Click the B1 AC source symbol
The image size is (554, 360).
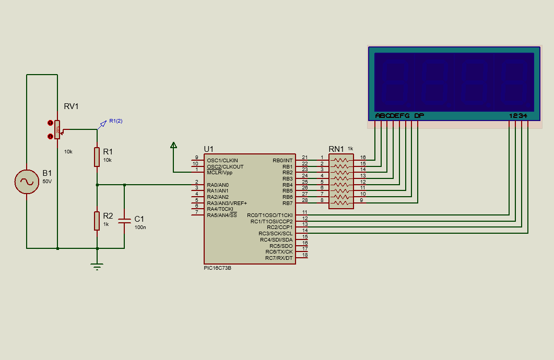tap(27, 182)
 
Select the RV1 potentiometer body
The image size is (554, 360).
tap(57, 129)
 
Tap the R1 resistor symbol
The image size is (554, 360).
tap(97, 157)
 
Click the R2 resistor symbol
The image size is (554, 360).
tap(97, 221)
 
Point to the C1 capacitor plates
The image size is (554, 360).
tap(124, 221)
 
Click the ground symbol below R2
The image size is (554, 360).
tap(97, 267)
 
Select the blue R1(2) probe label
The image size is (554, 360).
tap(116, 121)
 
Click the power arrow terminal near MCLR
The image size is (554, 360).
tap(173, 145)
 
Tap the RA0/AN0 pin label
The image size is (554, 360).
tap(218, 185)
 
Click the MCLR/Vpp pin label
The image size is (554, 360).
tap(220, 173)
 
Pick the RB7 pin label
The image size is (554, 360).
tap(287, 203)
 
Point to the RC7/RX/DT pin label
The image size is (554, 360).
tap(279, 258)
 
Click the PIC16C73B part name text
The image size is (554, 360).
tap(218, 268)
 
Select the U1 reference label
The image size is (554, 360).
tap(209, 149)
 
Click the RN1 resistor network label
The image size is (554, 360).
tap(336, 149)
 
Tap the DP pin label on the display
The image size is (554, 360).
tap(419, 115)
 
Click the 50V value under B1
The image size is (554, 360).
tap(47, 182)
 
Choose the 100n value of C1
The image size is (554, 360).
tap(140, 227)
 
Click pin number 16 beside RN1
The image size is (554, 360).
tap(363, 158)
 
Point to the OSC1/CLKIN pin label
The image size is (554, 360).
tap(222, 160)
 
